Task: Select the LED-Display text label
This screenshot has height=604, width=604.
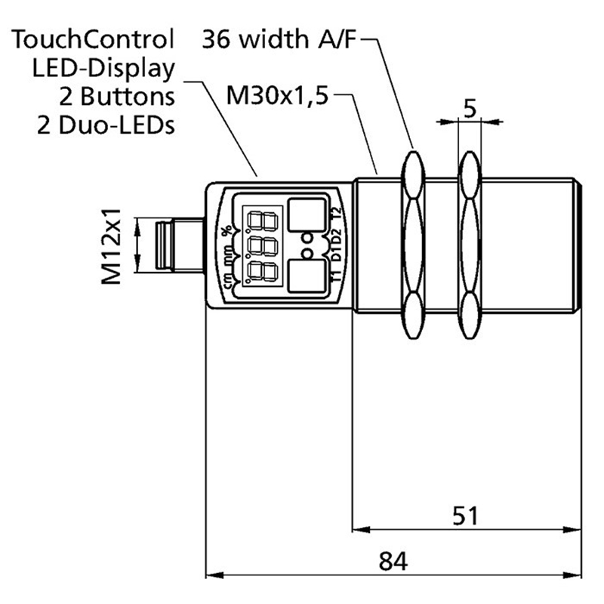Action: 103,67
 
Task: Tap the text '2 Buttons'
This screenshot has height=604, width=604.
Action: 116,96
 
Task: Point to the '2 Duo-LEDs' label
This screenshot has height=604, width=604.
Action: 105,125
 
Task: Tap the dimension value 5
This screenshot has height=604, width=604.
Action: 469,109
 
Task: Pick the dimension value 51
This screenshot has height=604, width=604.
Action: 466,516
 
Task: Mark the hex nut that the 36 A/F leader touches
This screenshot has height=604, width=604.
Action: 413,245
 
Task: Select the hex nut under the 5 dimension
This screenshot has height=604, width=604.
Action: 469,245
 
